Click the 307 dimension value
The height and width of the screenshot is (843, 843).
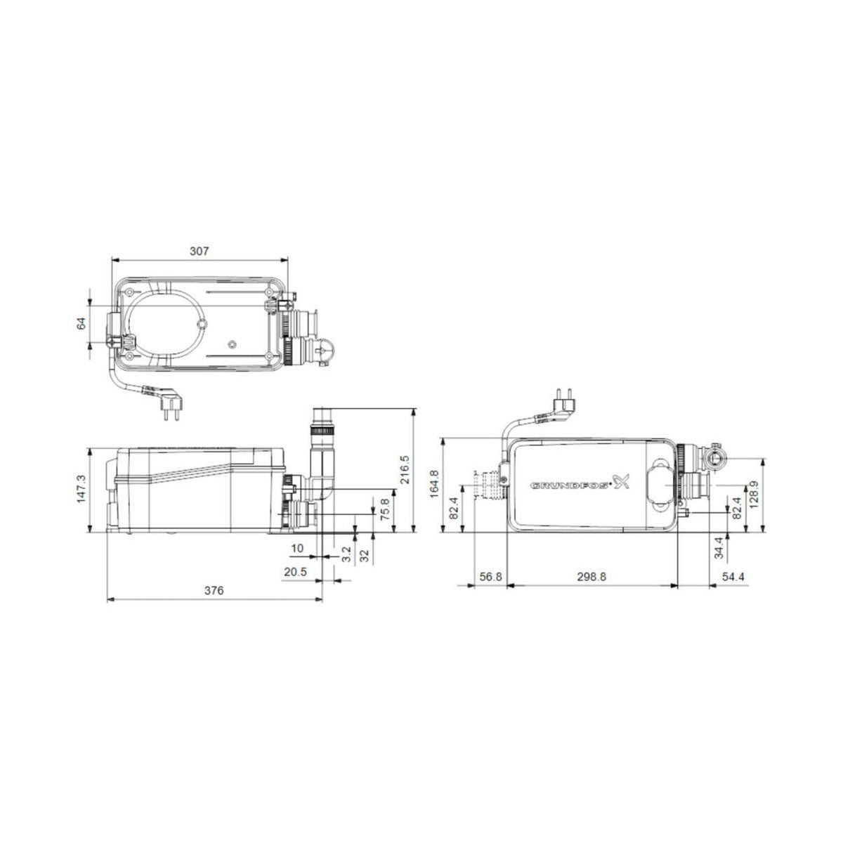point(199,251)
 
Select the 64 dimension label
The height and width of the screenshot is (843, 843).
point(81,323)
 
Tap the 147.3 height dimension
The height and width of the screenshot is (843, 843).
point(81,488)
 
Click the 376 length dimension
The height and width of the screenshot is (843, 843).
point(214,592)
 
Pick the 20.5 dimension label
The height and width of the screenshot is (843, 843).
point(295,573)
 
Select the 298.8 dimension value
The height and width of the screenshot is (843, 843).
point(592,575)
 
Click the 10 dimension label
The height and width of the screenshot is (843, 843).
point(298,547)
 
